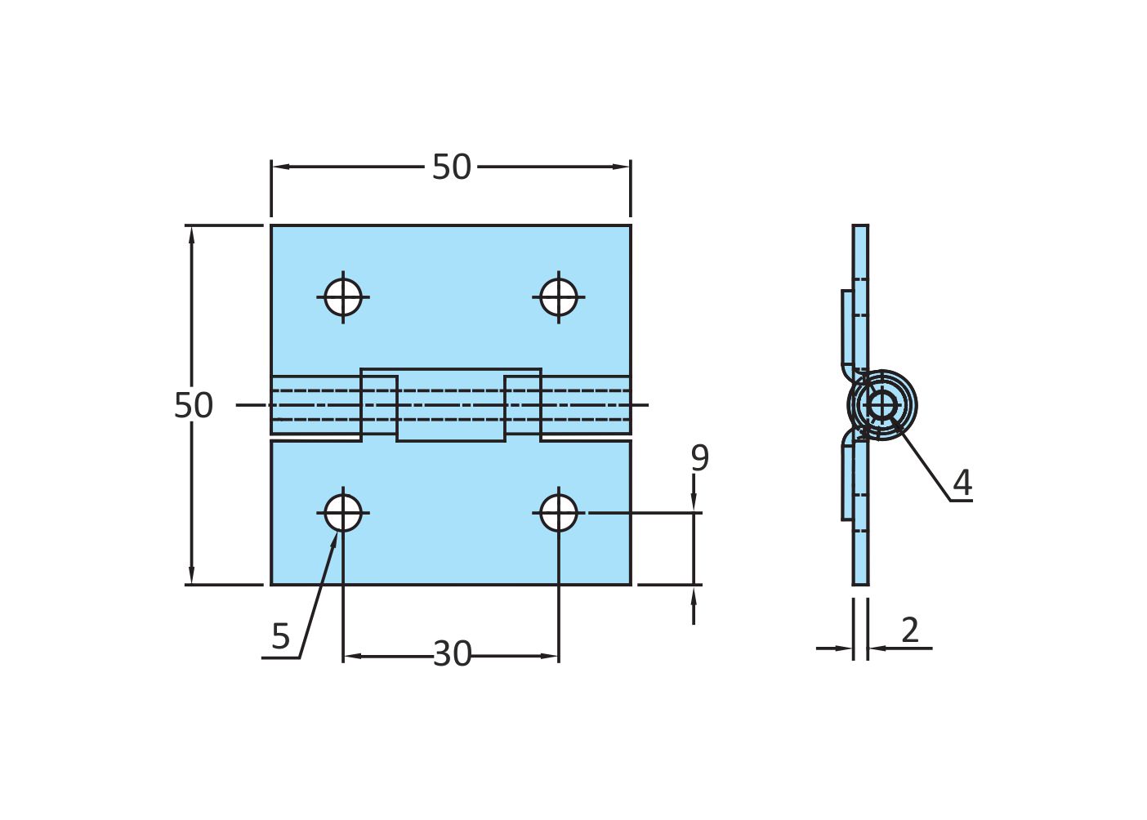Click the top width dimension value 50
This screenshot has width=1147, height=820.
tap(451, 167)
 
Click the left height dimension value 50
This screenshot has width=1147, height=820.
tap(194, 406)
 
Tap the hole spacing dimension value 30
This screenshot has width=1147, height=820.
tap(452, 654)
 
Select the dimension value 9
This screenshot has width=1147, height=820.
tap(699, 458)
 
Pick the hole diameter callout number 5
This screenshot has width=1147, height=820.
tap(280, 636)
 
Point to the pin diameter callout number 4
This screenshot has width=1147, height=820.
tap(962, 483)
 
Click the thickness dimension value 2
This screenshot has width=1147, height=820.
tap(910, 630)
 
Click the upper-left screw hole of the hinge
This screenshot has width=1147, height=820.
tap(343, 297)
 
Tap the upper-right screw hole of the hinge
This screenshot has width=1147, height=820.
tap(559, 297)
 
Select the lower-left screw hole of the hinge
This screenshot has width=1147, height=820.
tap(343, 513)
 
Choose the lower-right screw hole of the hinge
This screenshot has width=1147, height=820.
tap(559, 513)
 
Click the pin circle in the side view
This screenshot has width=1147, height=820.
tap(882, 404)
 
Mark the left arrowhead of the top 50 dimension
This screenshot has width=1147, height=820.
tap(279, 167)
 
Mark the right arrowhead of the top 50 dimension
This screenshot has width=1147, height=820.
tap(623, 167)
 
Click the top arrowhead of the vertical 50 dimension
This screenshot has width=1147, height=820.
tap(192, 233)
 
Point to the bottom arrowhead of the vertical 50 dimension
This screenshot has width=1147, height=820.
tap(192, 577)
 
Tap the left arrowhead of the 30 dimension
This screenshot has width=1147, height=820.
tap(350, 656)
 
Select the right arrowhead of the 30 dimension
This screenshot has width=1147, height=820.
tap(552, 656)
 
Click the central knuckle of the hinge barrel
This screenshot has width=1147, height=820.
tap(451, 405)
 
